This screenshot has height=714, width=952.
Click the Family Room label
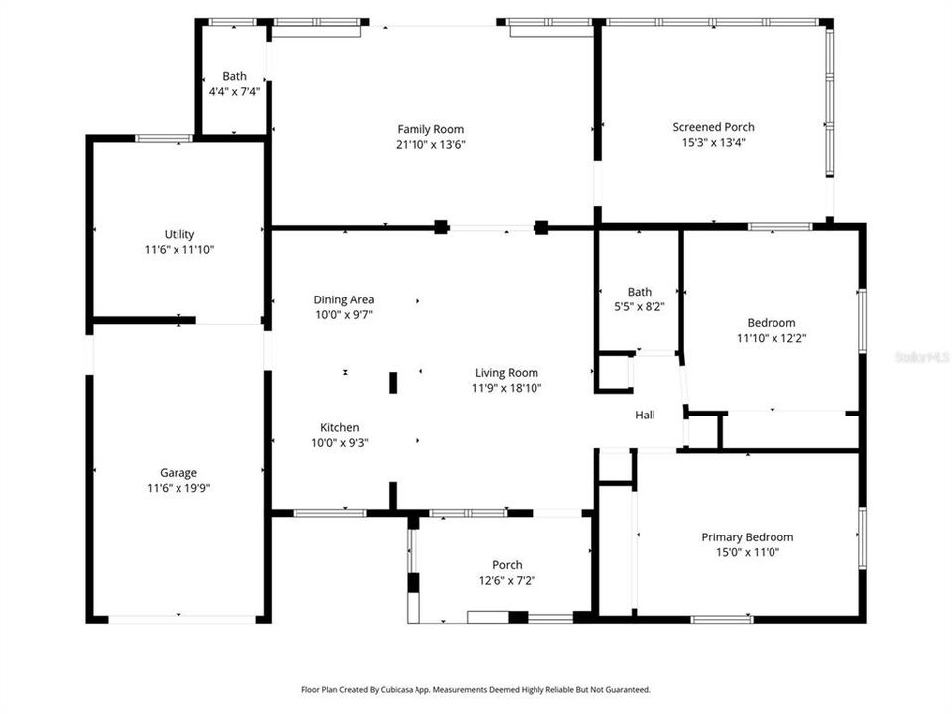click(x=430, y=129)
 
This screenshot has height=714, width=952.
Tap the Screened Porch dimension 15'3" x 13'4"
click(x=713, y=142)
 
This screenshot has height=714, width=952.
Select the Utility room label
click(x=179, y=234)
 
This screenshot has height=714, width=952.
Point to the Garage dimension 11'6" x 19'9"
click(x=178, y=488)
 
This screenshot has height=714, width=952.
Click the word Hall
click(x=645, y=415)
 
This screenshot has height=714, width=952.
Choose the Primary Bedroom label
click(x=748, y=537)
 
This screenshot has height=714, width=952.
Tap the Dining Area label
click(x=344, y=299)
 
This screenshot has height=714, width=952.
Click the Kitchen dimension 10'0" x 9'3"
click(x=340, y=443)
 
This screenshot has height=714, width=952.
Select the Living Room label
click(x=507, y=373)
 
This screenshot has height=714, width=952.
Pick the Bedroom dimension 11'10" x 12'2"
click(x=772, y=338)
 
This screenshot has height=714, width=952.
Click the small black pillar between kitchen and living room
click(x=393, y=383)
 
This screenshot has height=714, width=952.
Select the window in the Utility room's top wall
click(x=164, y=139)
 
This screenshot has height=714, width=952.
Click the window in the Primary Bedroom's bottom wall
click(x=722, y=619)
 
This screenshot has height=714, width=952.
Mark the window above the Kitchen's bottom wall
click(x=329, y=513)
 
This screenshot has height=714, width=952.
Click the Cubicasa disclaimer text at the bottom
click(x=476, y=690)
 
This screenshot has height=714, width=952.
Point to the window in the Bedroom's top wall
click(x=779, y=227)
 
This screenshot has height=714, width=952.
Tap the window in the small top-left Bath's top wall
click(x=232, y=22)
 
